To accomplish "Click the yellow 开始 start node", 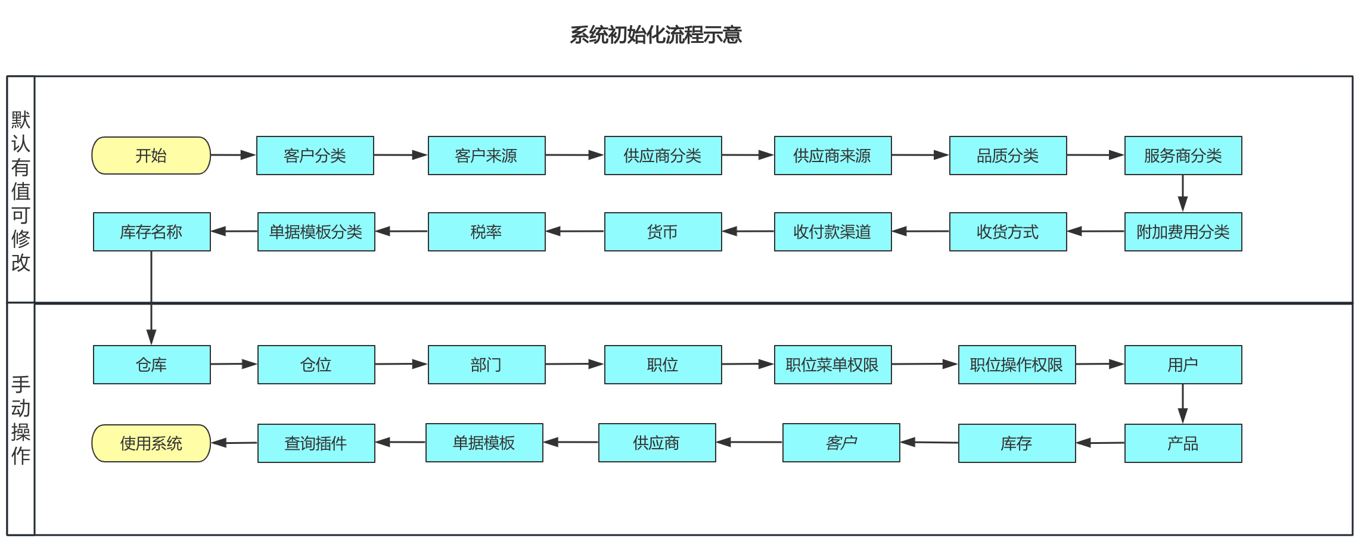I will [x=151, y=156].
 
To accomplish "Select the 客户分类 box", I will [x=315, y=156].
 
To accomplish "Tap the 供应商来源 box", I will [x=832, y=156].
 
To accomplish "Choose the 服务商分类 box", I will [x=1183, y=156].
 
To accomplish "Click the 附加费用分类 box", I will [x=1183, y=232].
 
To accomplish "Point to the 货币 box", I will [x=663, y=232].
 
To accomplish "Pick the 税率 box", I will [x=486, y=232].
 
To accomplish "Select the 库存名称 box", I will [x=151, y=232].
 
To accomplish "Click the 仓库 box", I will [x=151, y=365].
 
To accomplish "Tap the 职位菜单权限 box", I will [x=832, y=365].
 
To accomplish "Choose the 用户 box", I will [x=1183, y=365].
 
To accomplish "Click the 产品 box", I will [x=1183, y=443].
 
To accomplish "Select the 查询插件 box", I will [x=316, y=443].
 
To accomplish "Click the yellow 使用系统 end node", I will [x=151, y=443].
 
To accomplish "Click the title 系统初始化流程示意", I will [x=655, y=35].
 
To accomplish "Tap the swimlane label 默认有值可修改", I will [x=21, y=191].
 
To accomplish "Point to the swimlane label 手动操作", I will [x=21, y=419].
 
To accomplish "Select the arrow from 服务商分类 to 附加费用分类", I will [x=1183, y=193].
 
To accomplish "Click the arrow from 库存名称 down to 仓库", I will [x=151, y=298].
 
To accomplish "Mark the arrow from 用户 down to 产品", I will [x=1183, y=403].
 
